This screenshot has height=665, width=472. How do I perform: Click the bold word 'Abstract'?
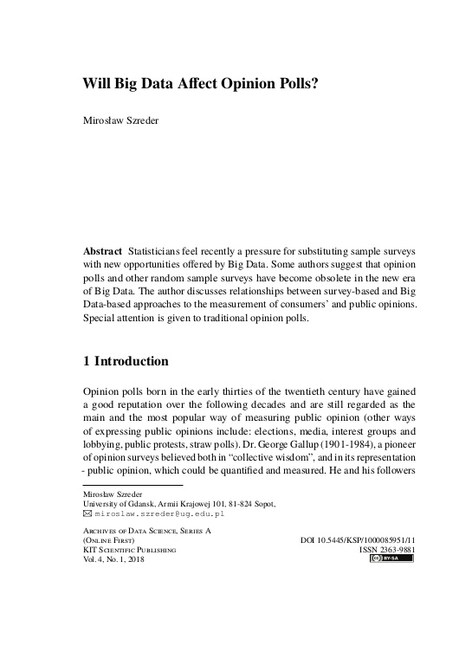(x=102, y=250)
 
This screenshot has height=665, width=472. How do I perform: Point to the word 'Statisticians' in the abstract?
(x=161, y=250)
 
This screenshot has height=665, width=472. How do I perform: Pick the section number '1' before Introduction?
(x=87, y=360)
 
